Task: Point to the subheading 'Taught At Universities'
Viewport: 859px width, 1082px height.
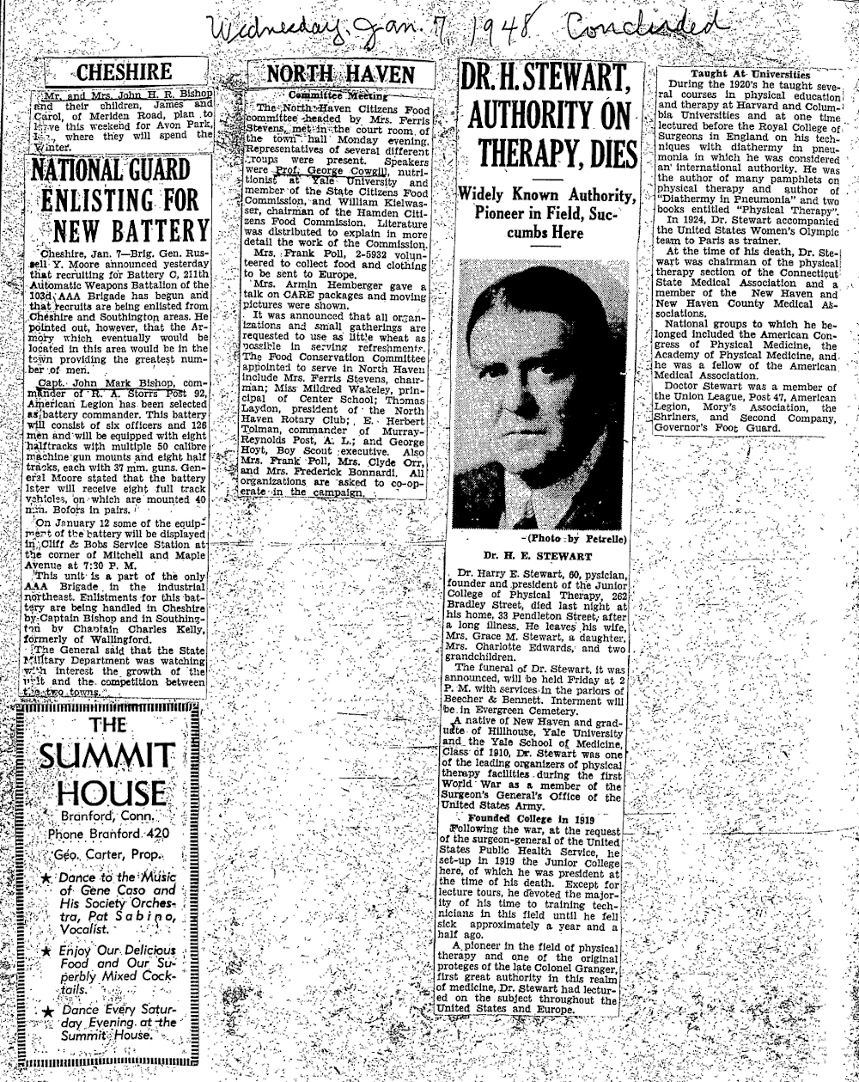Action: click(733, 74)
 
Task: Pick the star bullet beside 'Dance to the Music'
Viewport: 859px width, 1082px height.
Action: click(46, 879)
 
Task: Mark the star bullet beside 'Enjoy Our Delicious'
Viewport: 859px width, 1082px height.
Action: click(46, 951)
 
